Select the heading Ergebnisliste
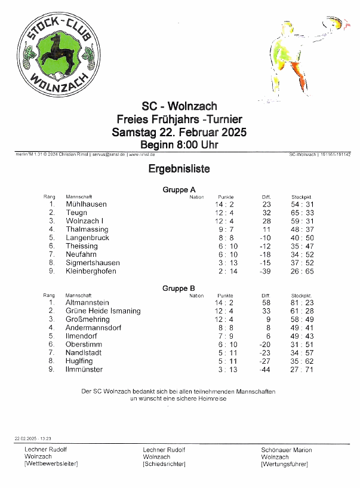coord(179,170)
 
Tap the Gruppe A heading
coord(179,190)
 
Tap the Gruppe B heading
coord(179,288)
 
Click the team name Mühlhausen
coord(86,204)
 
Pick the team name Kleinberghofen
coord(91,271)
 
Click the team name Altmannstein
coord(87,303)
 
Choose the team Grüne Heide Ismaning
coord(103,311)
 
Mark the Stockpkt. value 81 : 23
coord(302,303)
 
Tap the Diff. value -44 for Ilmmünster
coord(265,370)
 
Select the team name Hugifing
coord(79,361)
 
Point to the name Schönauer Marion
coord(286,450)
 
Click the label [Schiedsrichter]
coord(164,464)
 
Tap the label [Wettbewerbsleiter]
coord(51,464)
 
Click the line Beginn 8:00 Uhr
coord(179,145)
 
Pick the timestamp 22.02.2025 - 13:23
coord(32,438)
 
